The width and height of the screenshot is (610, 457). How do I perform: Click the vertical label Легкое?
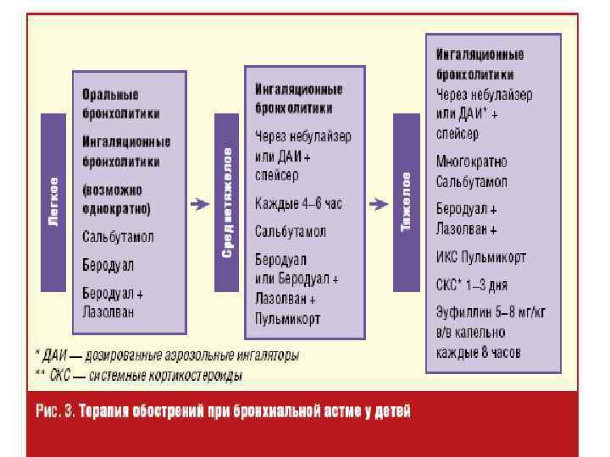click(53, 201)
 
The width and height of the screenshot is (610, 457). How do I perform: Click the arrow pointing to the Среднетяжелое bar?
click(200, 203)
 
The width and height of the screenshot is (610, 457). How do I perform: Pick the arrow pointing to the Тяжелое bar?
click(377, 203)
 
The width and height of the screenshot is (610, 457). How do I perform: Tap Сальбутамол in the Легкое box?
click(118, 237)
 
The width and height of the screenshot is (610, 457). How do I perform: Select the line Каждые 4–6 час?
click(298, 203)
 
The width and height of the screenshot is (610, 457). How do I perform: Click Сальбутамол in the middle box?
click(291, 231)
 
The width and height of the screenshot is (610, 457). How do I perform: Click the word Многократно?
click(471, 160)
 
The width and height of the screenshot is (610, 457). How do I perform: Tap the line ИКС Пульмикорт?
click(481, 256)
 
